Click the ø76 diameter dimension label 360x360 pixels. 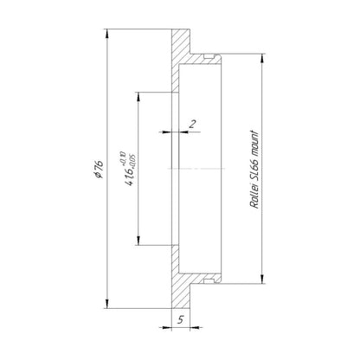pyautogui.click(x=99, y=169)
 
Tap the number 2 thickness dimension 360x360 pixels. pyautogui.click(x=192, y=124)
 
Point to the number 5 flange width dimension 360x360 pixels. pyautogui.click(x=181, y=319)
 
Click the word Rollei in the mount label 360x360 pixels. pyautogui.click(x=254, y=198)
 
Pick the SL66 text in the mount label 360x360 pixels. pyautogui.click(x=254, y=171)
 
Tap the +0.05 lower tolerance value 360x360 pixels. pyautogui.click(x=132, y=160)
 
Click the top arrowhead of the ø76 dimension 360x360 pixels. pyautogui.click(x=107, y=34)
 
